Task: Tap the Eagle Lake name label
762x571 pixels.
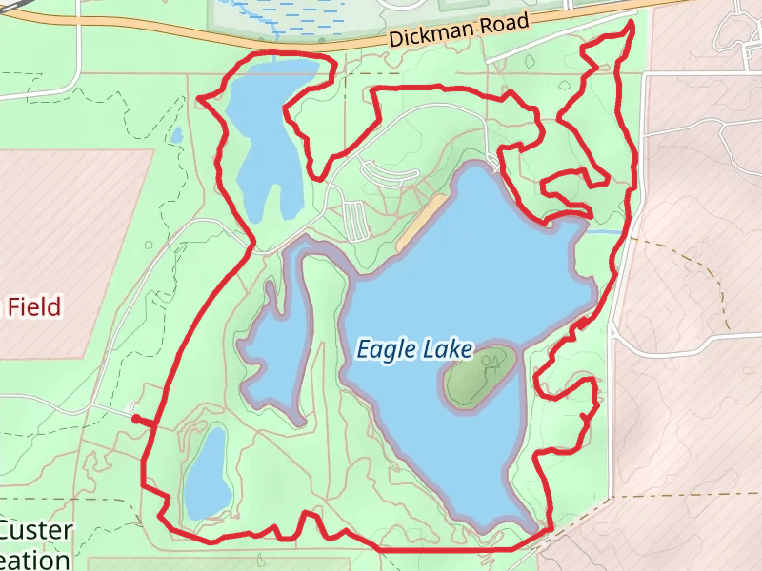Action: pos(414,349)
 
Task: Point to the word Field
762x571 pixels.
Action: pos(36,306)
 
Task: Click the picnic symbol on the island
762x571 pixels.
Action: pos(491,362)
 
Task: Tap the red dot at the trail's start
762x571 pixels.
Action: pos(136,419)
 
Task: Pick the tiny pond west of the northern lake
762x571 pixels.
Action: pos(176,135)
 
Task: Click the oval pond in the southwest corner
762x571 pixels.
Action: pos(207,472)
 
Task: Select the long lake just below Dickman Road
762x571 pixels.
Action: pos(267,133)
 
